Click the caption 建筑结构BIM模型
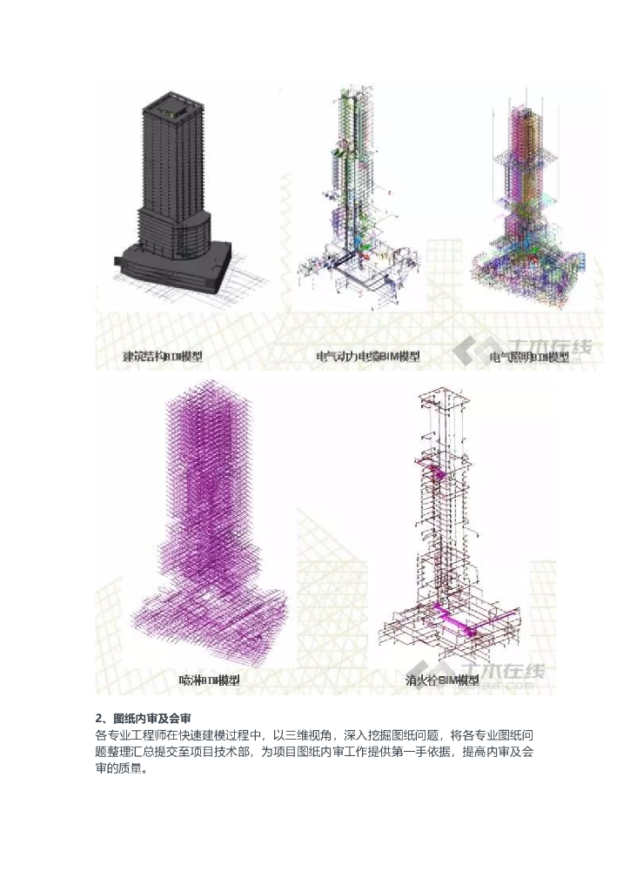click(x=161, y=357)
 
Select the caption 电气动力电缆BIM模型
click(x=367, y=357)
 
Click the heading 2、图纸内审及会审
click(x=143, y=718)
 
